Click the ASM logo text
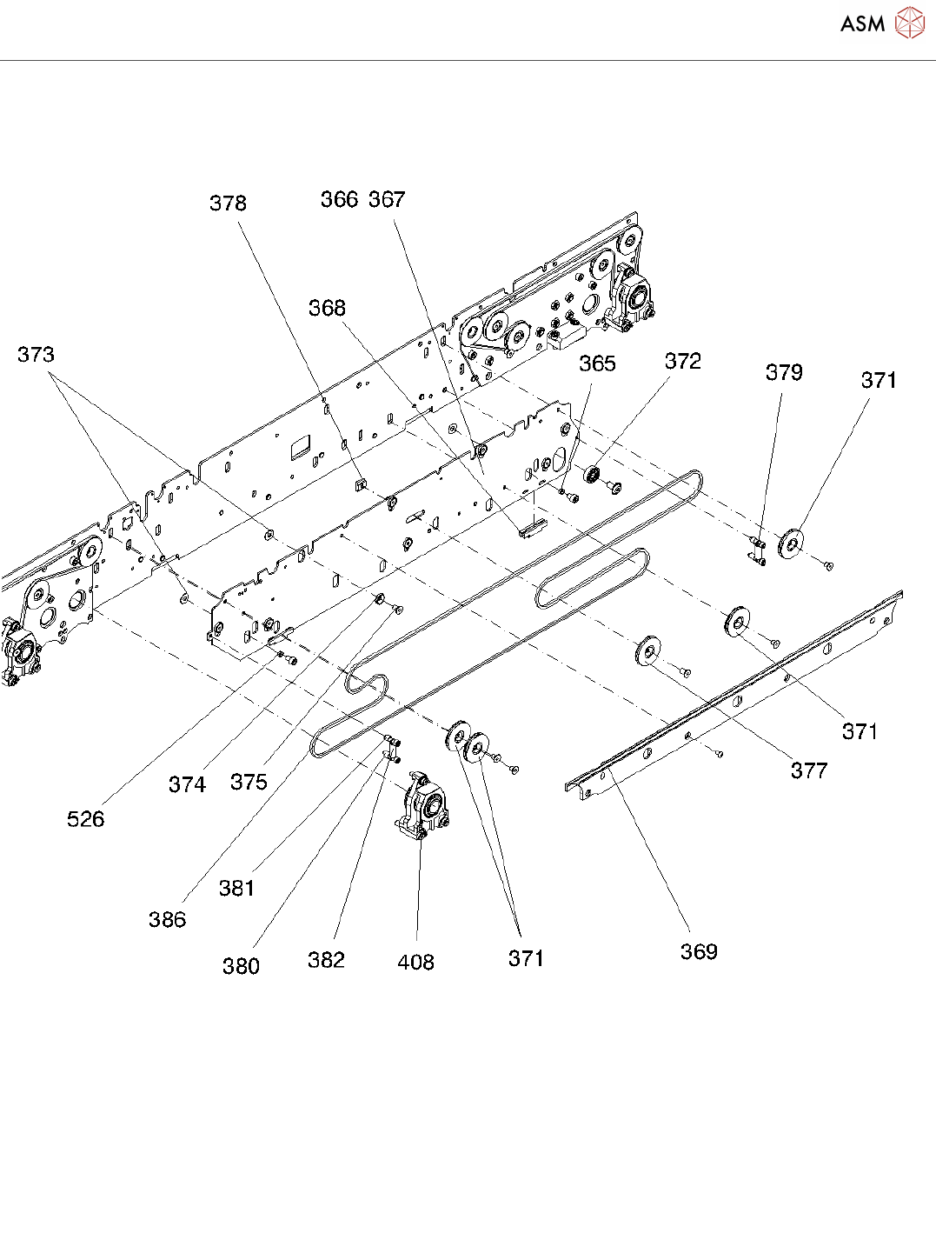tap(862, 23)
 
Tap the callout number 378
tap(228, 203)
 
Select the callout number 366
tap(339, 200)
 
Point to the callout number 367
tap(387, 200)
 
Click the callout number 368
tap(327, 309)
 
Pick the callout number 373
tap(36, 355)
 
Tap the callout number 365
tap(597, 363)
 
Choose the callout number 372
tap(682, 362)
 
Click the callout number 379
tap(783, 373)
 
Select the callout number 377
tap(808, 770)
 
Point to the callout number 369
tap(699, 952)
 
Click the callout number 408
tap(415, 963)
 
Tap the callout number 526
tap(85, 819)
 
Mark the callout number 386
tap(167, 920)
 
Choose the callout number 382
tap(326, 960)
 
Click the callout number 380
tap(241, 966)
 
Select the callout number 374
tap(187, 785)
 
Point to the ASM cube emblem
tap(909, 23)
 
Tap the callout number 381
tap(236, 889)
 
